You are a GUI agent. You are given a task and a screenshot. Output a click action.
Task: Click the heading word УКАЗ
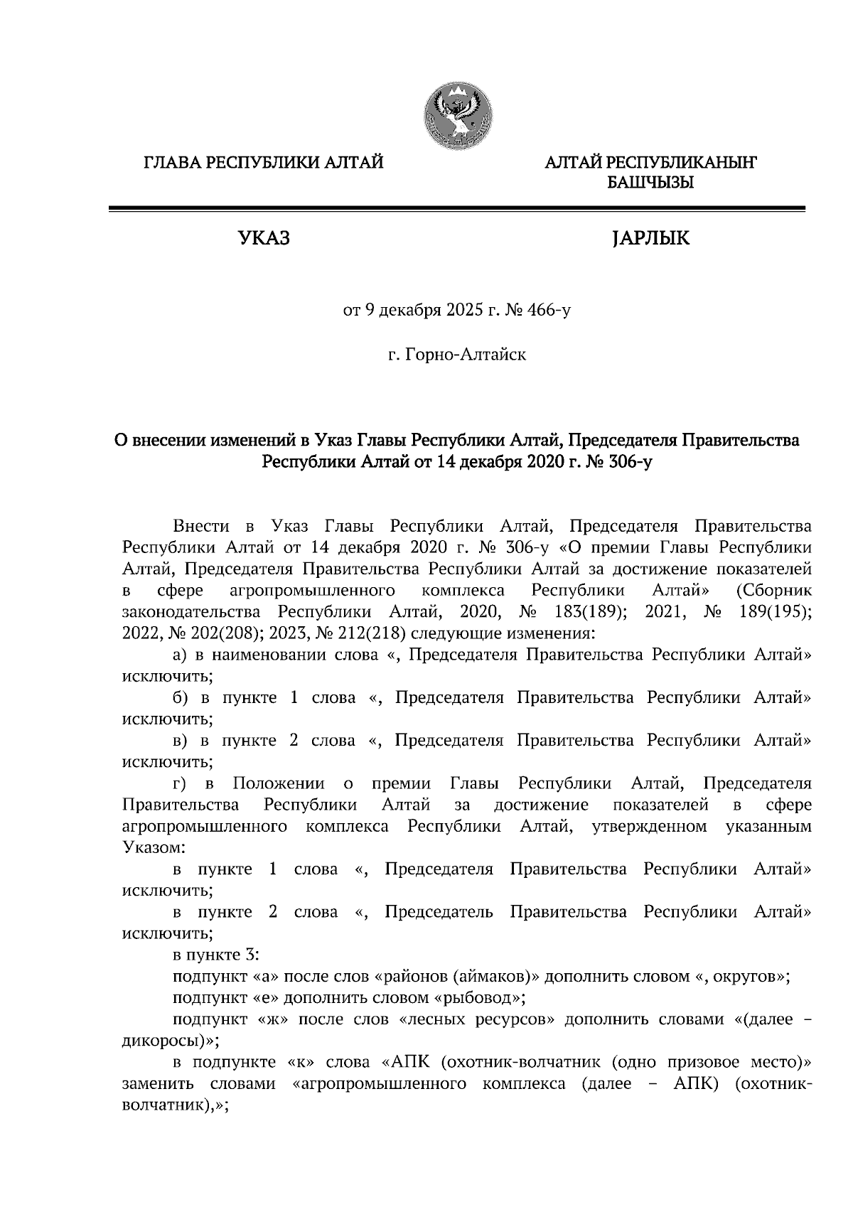pos(263,238)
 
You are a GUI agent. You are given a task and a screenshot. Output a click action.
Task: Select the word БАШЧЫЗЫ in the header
pos(650,183)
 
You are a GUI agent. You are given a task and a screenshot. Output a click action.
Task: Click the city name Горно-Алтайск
pos(466,353)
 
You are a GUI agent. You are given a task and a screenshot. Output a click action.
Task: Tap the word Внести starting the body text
pos(202,527)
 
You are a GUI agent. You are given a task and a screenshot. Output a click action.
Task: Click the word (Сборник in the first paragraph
pos(774,590)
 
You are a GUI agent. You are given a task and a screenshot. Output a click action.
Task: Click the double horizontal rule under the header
pos(456,208)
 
